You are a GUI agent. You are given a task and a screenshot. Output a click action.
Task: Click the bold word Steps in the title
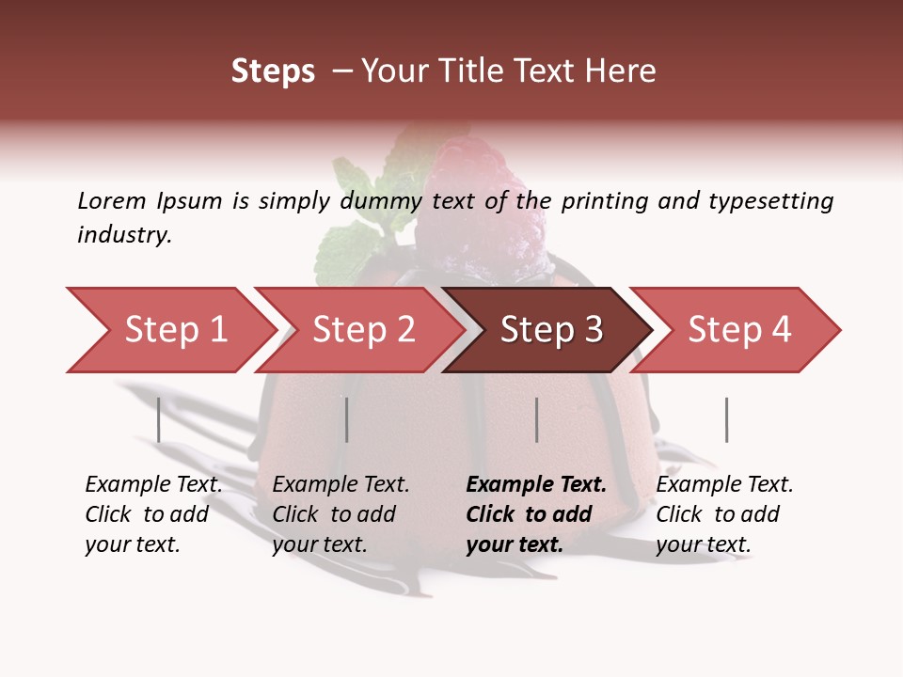273,72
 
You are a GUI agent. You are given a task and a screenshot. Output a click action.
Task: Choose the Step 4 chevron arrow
738,330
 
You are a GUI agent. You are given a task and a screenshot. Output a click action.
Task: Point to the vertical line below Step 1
158,419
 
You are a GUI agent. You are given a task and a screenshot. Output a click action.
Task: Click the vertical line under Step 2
346,419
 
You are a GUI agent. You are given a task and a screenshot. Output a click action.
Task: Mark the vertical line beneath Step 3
536,419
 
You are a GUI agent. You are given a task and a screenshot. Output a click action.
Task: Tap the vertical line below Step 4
726,419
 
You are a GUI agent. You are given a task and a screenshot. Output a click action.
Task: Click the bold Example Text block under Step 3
535,514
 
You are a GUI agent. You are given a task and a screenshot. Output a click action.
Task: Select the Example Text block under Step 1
153,514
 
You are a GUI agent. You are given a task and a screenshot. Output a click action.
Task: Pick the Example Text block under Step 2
341,514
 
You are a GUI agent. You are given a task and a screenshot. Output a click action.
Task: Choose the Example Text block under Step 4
724,514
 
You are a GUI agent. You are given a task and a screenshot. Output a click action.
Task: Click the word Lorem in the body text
112,201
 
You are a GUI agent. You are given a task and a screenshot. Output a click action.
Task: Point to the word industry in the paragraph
124,235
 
